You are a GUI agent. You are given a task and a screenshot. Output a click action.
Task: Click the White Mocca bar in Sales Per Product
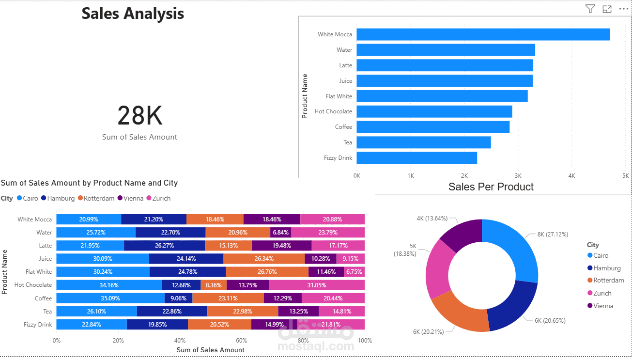point(483,34)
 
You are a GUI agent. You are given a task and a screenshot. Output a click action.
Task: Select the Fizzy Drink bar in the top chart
point(416,158)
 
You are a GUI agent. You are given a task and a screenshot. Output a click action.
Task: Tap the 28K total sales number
point(139,116)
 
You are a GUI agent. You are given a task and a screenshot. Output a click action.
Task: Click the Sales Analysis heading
point(133,14)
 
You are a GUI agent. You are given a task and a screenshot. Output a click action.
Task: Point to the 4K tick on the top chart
point(571,175)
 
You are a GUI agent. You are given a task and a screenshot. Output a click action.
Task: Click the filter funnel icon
point(590,9)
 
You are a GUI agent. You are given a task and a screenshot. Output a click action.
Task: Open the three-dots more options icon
point(623,9)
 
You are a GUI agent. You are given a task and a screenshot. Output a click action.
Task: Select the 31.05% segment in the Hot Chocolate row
point(317,285)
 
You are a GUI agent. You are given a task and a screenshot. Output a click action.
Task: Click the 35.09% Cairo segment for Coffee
point(110,298)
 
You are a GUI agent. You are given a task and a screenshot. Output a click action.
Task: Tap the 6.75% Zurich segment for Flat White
point(354,272)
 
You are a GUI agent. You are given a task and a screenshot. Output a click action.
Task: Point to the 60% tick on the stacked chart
point(241,340)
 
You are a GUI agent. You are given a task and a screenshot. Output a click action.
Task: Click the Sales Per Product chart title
point(491,187)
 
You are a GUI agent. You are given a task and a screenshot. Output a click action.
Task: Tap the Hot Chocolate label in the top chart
point(333,111)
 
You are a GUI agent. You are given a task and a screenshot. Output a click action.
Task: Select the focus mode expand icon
point(607,9)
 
